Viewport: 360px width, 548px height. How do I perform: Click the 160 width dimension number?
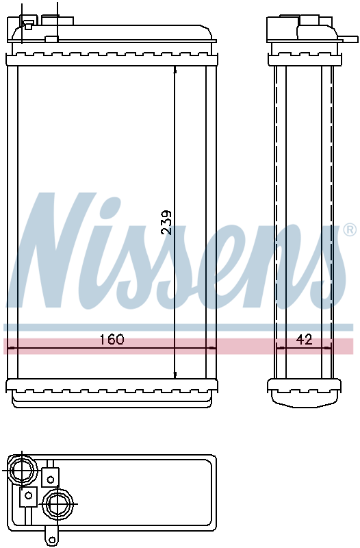112,339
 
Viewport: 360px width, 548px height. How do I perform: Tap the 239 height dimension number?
166,222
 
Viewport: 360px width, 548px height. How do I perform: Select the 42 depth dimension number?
304,339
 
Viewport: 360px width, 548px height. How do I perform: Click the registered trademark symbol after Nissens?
350,230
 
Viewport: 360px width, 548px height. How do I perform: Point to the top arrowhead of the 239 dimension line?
175,69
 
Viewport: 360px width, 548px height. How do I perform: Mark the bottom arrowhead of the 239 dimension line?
175,375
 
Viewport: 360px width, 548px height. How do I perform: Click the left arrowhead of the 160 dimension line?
11,348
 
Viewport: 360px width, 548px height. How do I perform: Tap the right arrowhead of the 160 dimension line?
212,348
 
